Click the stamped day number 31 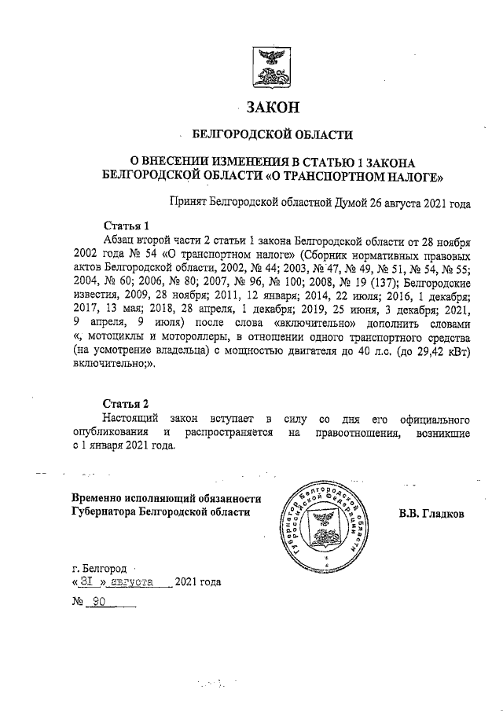point(86,582)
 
